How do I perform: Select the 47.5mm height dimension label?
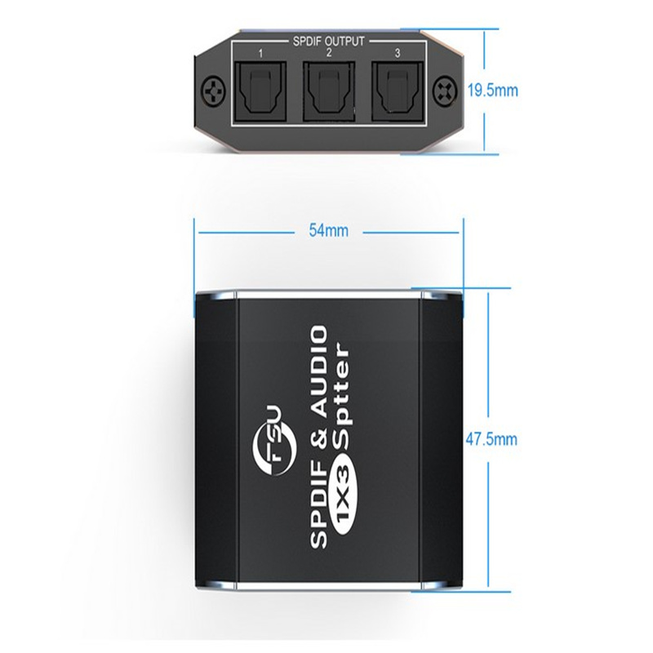coord(496,439)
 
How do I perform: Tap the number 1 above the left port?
coord(259,54)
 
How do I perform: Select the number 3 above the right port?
coord(396,54)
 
